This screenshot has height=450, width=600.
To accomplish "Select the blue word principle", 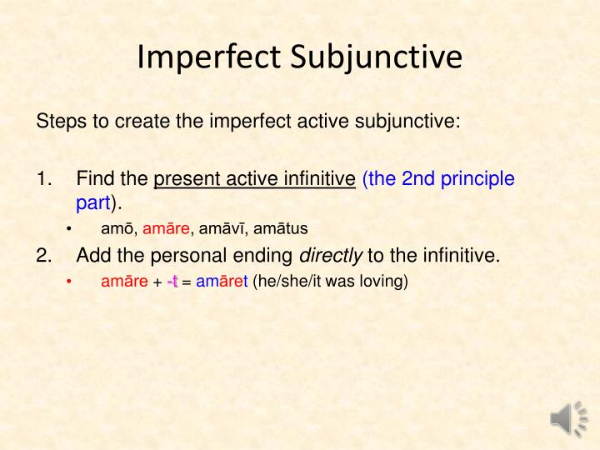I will [x=480, y=178].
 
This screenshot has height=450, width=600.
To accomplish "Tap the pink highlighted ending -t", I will [x=172, y=282].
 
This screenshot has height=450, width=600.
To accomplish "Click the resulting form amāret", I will [x=222, y=282].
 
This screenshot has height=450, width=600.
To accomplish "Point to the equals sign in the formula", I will [x=187, y=282].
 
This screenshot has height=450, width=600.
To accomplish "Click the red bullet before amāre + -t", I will [x=70, y=282].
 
